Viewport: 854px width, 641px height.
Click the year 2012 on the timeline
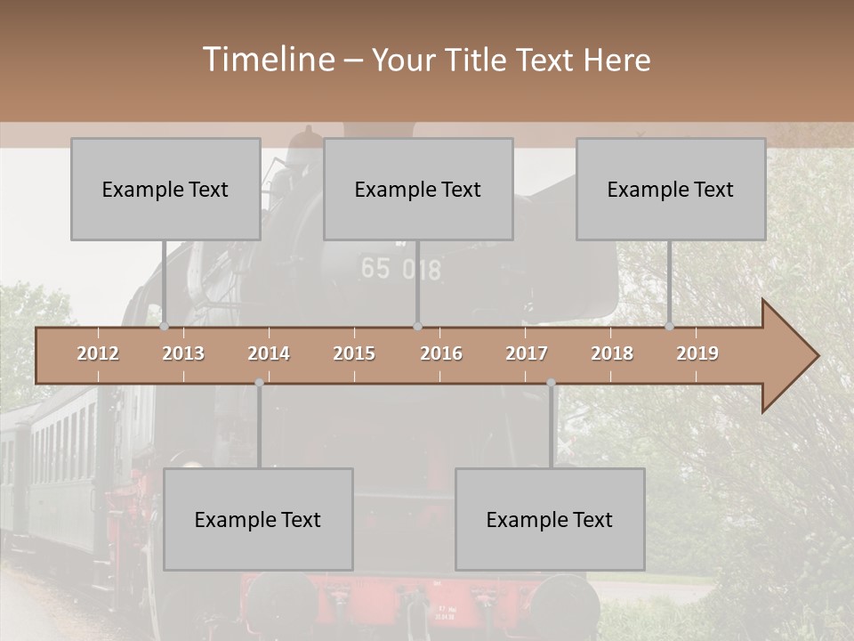[x=98, y=353]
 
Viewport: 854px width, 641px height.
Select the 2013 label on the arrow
[x=183, y=353]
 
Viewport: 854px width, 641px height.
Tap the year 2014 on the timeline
[x=269, y=353]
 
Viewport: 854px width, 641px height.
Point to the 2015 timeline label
[x=354, y=353]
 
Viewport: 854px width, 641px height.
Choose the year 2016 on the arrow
[x=441, y=353]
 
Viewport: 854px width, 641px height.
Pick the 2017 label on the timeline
[x=527, y=353]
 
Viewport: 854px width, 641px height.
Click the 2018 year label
[x=612, y=353]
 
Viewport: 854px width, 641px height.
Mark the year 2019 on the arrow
[x=697, y=353]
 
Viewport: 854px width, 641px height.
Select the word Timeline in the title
[x=268, y=60]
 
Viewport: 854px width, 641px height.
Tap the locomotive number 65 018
[x=400, y=269]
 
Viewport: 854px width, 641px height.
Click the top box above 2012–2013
[x=165, y=189]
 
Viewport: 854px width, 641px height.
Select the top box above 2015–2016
[x=418, y=189]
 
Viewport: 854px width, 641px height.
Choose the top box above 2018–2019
[x=671, y=189]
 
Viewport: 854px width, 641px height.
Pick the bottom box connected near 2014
[x=258, y=519]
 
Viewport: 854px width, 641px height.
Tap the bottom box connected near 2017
[x=550, y=519]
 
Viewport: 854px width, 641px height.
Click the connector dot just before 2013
[x=165, y=326]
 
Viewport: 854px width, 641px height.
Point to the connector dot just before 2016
[x=417, y=326]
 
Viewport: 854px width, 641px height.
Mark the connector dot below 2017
[x=551, y=383]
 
